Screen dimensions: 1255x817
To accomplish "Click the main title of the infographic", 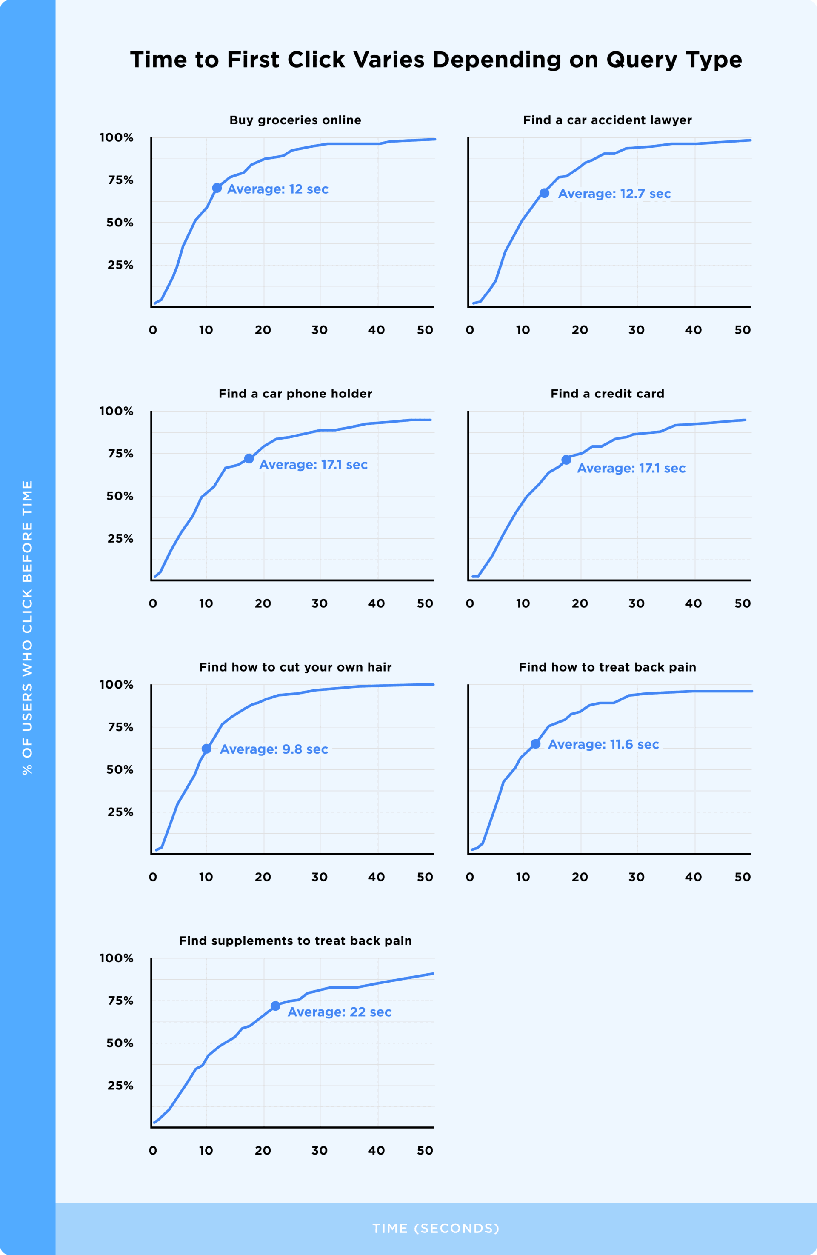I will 436,60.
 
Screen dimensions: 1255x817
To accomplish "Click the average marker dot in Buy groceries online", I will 217,188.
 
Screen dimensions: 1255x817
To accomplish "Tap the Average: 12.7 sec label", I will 614,194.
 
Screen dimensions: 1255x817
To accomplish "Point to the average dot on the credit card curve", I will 566,460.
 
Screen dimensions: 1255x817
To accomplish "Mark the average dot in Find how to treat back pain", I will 535,743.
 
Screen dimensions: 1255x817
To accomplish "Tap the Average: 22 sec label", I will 339,1012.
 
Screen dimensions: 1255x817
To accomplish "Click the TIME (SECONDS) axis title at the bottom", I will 436,1228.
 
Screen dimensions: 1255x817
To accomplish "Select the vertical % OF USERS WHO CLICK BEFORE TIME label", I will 27,627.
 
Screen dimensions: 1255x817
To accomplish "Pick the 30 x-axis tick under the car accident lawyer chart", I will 636,330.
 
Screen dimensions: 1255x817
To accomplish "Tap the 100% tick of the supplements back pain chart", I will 117,958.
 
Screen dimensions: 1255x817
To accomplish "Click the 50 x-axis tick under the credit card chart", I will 742,603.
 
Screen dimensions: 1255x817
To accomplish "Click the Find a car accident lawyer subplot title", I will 607,120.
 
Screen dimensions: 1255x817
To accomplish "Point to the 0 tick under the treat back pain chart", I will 470,877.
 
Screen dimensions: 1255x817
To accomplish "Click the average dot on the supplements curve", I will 275,1006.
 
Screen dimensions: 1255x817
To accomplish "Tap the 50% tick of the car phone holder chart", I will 120,496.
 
